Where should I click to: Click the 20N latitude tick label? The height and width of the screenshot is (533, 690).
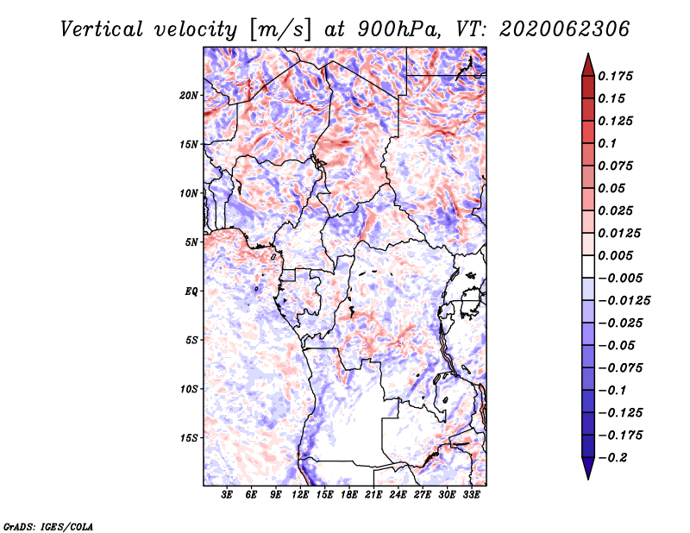tap(189, 96)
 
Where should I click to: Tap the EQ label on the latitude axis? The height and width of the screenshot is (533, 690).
tap(191, 292)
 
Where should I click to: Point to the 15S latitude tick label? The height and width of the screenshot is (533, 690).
tap(189, 438)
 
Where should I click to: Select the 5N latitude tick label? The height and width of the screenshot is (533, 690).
tap(191, 242)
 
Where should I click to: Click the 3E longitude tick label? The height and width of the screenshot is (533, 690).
tap(227, 495)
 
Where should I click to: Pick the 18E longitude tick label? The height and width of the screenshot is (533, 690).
tap(349, 495)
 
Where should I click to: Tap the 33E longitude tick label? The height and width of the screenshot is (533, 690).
tap(471, 495)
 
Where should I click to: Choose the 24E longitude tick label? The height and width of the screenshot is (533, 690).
tap(398, 495)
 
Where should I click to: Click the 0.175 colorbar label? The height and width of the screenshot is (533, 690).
tap(615, 76)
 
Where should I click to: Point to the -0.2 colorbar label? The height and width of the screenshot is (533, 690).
tap(612, 458)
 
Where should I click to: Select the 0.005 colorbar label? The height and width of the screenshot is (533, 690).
tap(615, 255)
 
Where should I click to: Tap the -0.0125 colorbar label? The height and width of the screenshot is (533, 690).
tap(624, 301)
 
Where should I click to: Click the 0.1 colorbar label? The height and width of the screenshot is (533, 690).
tap(607, 143)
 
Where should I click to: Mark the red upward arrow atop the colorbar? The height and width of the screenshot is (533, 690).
tap(588, 66)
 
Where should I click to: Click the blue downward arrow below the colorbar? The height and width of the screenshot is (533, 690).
tap(588, 468)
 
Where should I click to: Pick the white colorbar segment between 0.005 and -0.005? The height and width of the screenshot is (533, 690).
tap(588, 266)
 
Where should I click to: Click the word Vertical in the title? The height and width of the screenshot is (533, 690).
tap(102, 29)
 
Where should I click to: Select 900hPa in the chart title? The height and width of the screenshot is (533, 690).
tap(399, 29)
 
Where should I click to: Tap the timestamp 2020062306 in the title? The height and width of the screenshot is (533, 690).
tap(565, 29)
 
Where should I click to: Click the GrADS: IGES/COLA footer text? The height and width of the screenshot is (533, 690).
tap(48, 527)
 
